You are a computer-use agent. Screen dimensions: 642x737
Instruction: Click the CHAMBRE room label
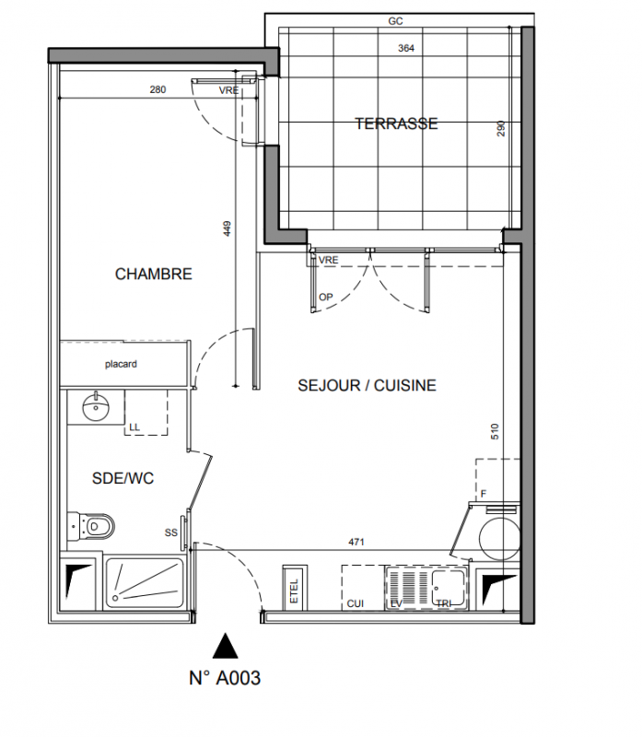[x=154, y=274]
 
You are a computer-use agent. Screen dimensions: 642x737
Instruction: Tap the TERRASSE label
[x=396, y=123]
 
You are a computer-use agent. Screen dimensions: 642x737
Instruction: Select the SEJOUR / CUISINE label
[x=368, y=385]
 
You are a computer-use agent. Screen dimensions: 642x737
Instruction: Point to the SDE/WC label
[x=123, y=478]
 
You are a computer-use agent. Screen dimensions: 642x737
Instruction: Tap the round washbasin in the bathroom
[x=96, y=407]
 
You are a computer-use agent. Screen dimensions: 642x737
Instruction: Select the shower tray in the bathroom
[x=144, y=583]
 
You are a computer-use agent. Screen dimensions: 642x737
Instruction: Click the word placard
[x=121, y=364]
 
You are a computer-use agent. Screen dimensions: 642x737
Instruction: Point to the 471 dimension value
[x=356, y=542]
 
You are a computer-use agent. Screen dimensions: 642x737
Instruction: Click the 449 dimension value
[x=227, y=228]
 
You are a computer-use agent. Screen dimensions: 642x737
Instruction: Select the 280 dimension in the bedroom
[x=158, y=89]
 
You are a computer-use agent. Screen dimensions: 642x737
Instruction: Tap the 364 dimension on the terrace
[x=406, y=48]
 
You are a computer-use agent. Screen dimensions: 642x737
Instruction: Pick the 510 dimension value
[x=495, y=431]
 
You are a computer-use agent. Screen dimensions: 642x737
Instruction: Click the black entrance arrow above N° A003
[x=225, y=646]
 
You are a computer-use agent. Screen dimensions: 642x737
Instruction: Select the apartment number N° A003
[x=225, y=678]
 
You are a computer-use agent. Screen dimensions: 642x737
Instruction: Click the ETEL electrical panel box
[x=295, y=589]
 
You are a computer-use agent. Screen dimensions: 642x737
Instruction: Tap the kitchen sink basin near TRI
[x=449, y=588]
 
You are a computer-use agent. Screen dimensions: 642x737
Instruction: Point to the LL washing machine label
[x=134, y=427]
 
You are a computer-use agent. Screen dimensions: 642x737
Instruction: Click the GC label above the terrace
[x=396, y=21]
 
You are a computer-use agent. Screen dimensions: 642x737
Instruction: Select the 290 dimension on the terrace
[x=501, y=128]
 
